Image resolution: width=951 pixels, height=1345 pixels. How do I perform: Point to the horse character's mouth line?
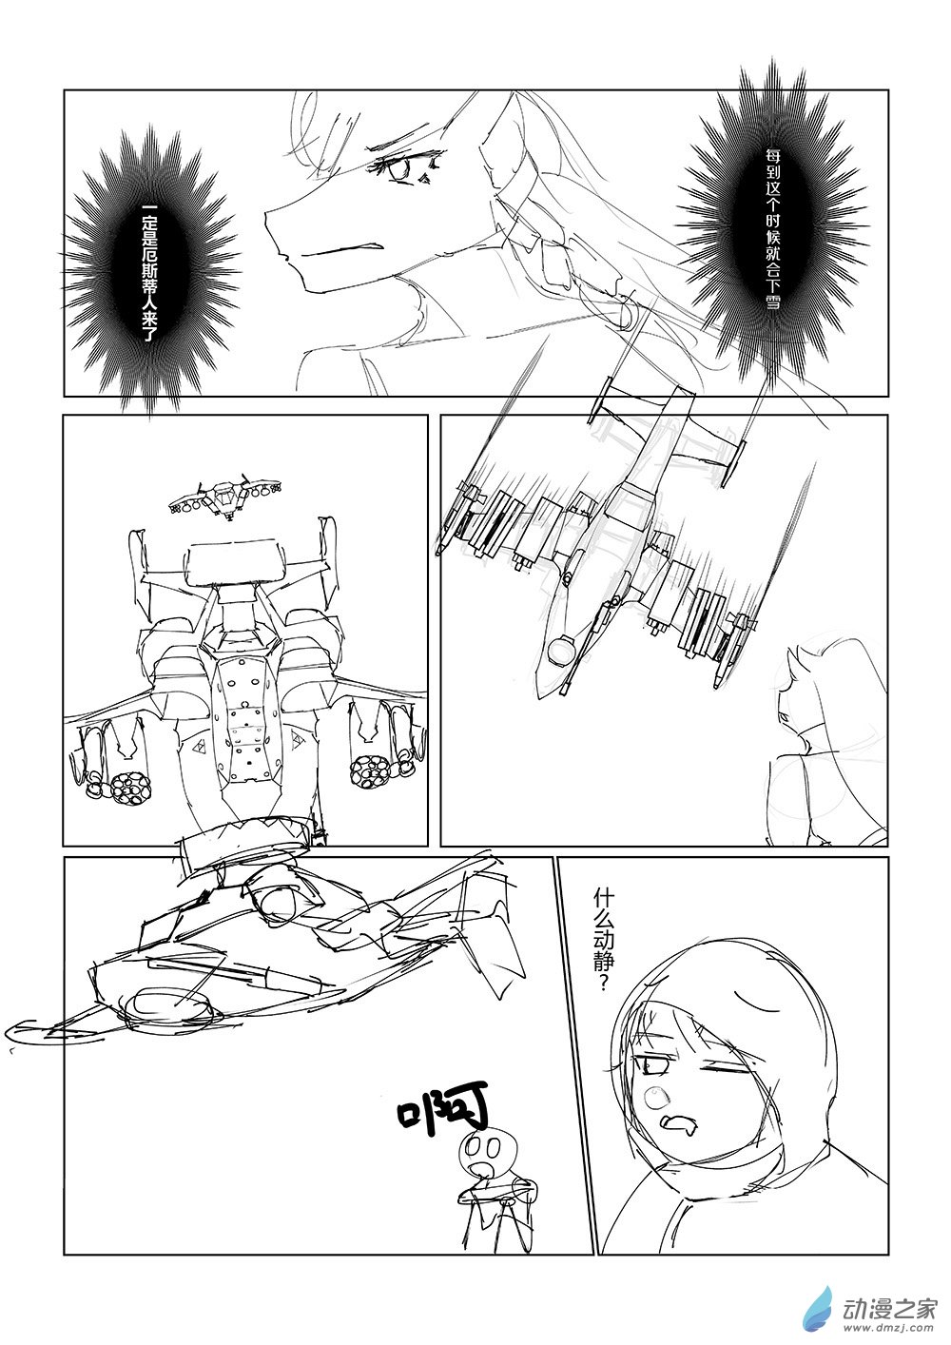pyautogui.click(x=335, y=249)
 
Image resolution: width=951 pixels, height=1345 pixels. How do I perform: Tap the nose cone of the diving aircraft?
pyautogui.click(x=547, y=684)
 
